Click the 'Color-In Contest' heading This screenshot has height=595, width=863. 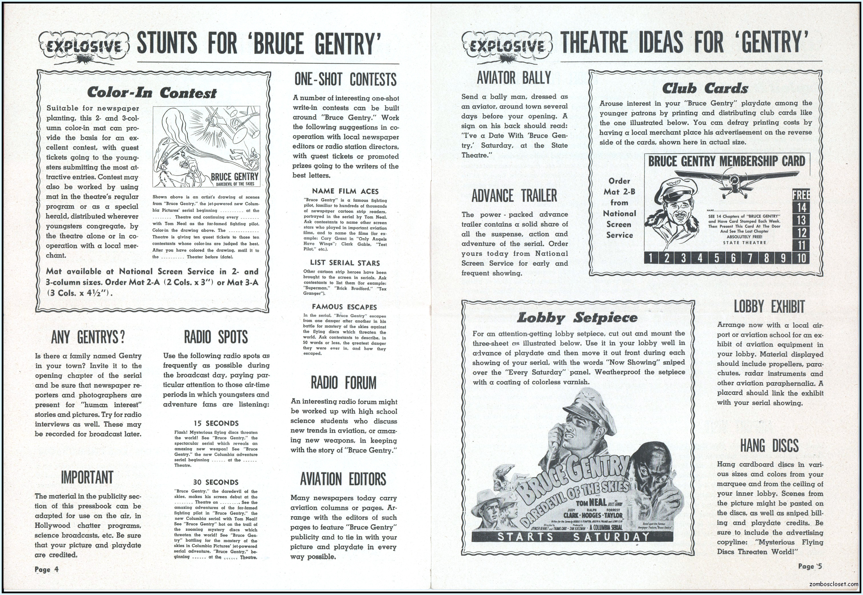point(151,93)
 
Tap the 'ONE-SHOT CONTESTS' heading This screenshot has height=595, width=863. point(345,79)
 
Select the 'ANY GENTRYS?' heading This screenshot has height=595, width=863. point(88,337)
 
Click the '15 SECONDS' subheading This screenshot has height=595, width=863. point(216,423)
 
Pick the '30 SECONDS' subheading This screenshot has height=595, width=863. point(216,482)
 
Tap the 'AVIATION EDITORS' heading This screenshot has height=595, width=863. point(343,479)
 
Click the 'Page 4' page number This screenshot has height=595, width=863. point(47,569)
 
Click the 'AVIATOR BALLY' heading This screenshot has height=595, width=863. point(514,78)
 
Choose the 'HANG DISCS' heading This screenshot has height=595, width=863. point(769,446)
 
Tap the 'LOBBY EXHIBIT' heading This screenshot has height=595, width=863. point(769,307)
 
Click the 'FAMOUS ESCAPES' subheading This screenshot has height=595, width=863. point(344,307)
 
